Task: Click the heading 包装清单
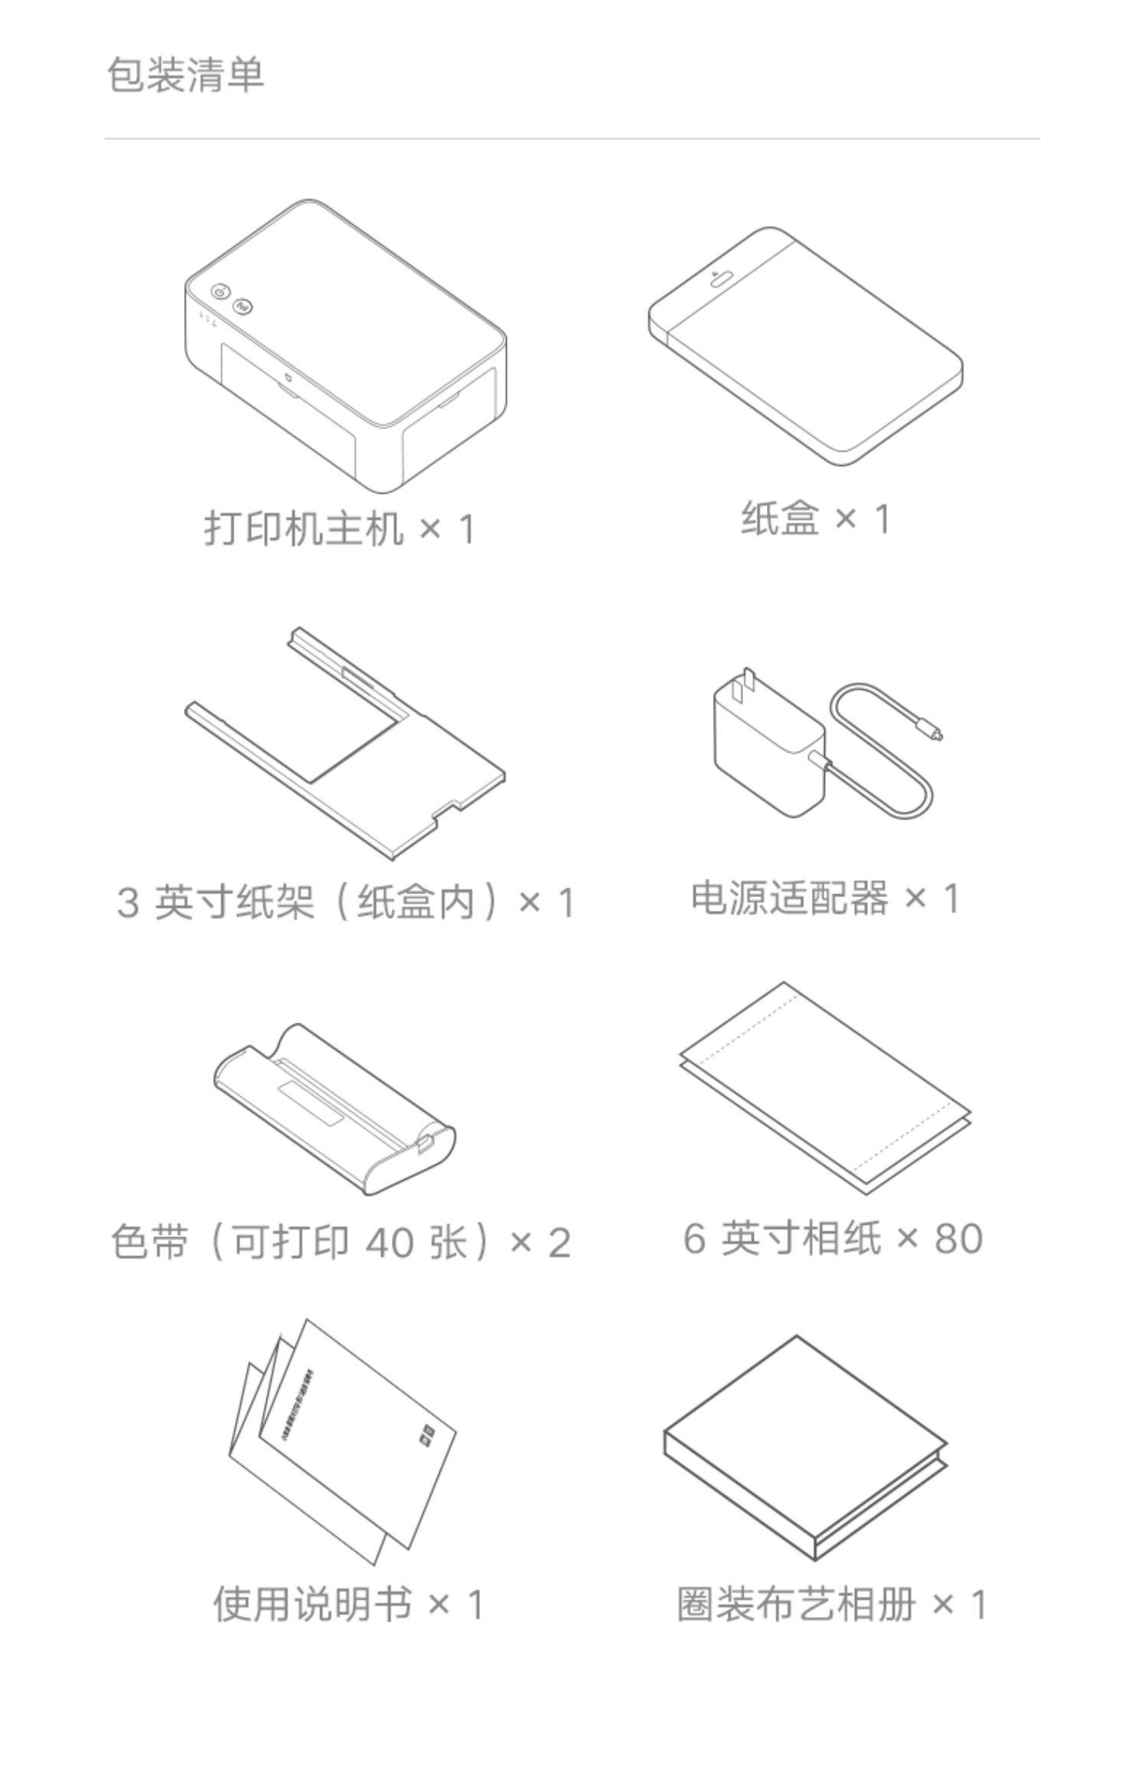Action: point(185,75)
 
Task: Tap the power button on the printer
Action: point(220,292)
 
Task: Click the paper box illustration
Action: point(805,346)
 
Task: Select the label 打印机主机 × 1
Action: point(340,528)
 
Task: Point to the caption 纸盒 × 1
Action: point(816,518)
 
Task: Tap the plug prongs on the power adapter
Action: point(742,686)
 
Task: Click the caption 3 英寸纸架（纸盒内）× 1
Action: point(345,901)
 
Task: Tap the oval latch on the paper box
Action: point(721,279)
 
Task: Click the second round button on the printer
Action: point(243,306)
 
